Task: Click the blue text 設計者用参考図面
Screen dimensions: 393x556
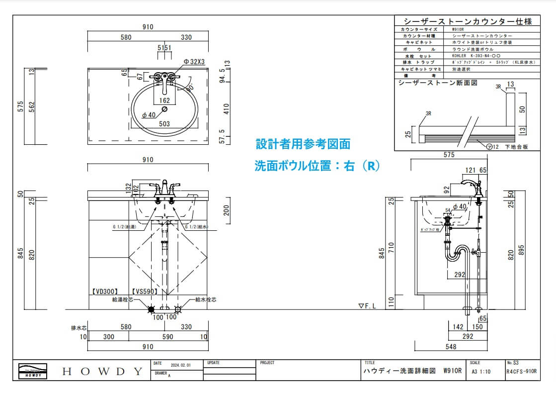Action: (303, 144)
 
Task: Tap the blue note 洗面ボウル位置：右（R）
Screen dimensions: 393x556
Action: (317, 166)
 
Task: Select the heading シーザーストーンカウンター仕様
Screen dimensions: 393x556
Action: (469, 21)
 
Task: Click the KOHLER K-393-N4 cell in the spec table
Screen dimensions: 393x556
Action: (474, 56)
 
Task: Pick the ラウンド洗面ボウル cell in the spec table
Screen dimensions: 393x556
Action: (473, 50)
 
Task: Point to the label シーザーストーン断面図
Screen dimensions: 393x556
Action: (438, 83)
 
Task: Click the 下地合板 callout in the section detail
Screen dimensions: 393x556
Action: (516, 147)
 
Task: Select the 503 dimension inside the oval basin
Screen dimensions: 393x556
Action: (164, 124)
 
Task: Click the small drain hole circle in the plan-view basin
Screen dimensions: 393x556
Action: (164, 109)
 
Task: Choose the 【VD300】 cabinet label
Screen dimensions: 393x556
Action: (104, 292)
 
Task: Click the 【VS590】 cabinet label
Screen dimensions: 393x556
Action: (145, 292)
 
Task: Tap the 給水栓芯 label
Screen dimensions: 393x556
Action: (206, 300)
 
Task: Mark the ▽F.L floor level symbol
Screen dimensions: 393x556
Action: (368, 306)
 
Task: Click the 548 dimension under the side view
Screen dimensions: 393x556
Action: (451, 346)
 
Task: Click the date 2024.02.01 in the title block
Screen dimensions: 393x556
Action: (180, 365)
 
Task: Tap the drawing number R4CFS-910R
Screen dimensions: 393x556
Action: (521, 371)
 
